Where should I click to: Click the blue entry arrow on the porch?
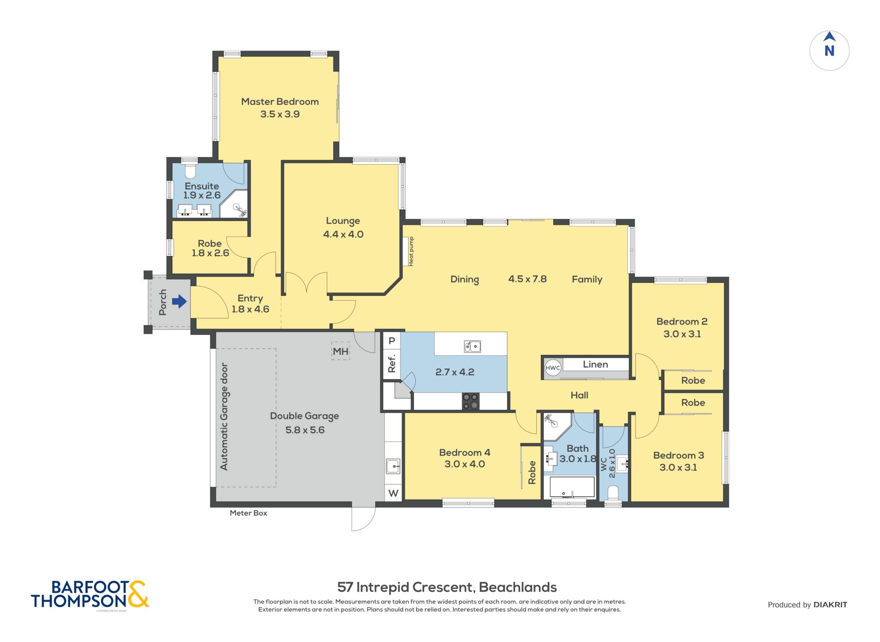coord(179,302)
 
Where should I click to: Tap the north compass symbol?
coord(829,51)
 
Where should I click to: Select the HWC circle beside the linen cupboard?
coord(553,368)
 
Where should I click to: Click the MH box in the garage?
coord(340,351)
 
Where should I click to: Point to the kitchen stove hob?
coord(471,401)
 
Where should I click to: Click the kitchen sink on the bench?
coord(472,346)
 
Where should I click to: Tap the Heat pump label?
coord(411,251)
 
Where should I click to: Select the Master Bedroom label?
coord(280,102)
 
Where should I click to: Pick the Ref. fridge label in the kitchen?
coord(392,364)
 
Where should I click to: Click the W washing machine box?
coord(394,493)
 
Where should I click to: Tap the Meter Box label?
coord(248,513)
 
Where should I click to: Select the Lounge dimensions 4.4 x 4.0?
coord(343,234)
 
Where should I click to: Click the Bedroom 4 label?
coord(464,452)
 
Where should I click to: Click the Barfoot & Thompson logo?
coord(90,595)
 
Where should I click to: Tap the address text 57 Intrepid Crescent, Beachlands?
coord(447,587)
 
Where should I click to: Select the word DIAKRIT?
coord(830,605)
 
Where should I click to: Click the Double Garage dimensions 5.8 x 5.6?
coord(305,430)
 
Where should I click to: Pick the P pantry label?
coord(392,341)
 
